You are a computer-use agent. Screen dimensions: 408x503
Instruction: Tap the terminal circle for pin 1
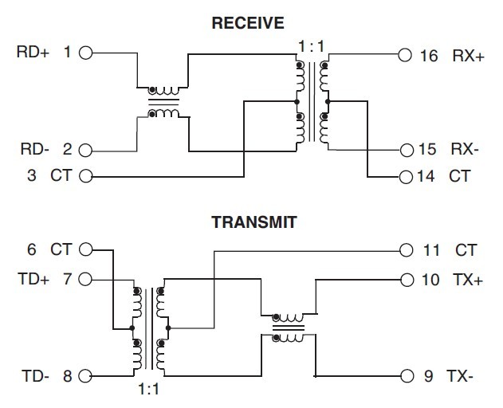86,53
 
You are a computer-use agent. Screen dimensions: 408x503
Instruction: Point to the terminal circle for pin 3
86,175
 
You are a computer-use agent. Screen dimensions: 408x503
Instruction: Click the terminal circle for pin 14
405,176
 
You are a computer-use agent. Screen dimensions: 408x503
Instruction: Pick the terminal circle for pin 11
406,250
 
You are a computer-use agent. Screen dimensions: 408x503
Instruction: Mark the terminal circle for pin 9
406,375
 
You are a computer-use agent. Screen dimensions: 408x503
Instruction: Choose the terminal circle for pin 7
86,280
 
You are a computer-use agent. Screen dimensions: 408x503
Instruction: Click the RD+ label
33,53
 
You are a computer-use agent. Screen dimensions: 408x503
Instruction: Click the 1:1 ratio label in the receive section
311,46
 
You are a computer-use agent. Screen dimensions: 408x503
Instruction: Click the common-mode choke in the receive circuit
165,101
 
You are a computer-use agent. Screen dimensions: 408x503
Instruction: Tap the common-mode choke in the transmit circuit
289,328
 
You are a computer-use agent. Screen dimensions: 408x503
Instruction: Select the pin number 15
427,149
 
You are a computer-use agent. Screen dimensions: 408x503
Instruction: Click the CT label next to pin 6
61,250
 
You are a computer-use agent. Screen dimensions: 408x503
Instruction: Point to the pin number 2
67,149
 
